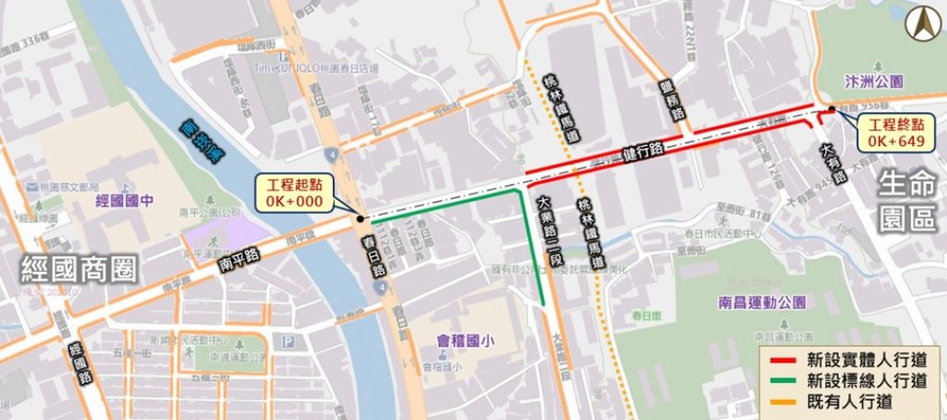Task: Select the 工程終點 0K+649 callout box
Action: coord(895,133)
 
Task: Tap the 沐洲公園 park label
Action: coord(874,82)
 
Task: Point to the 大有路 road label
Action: coord(828,164)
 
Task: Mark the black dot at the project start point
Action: coord(358,219)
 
